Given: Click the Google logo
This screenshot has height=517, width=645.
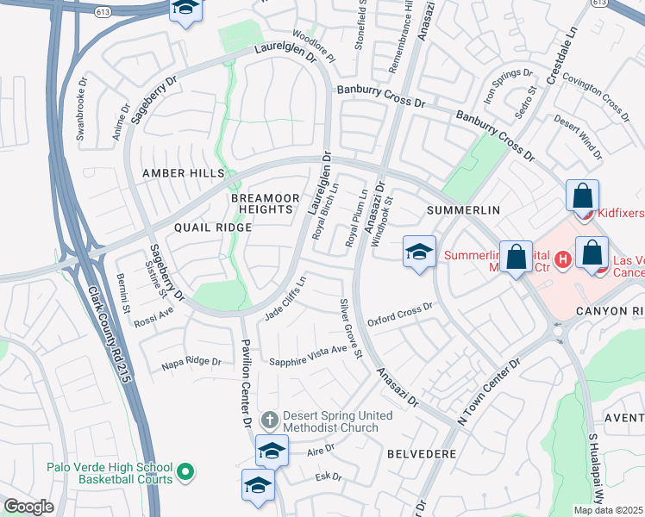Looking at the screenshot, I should click(28, 507).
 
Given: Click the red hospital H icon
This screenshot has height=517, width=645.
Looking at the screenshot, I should click(563, 258).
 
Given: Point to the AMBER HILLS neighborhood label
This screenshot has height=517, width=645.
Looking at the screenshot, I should click(182, 173).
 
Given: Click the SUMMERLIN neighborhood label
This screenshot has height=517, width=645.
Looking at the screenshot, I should click(458, 210).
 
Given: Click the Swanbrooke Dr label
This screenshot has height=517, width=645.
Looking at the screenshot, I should click(83, 103).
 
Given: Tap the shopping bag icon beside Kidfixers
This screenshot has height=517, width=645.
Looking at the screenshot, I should click(582, 196).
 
